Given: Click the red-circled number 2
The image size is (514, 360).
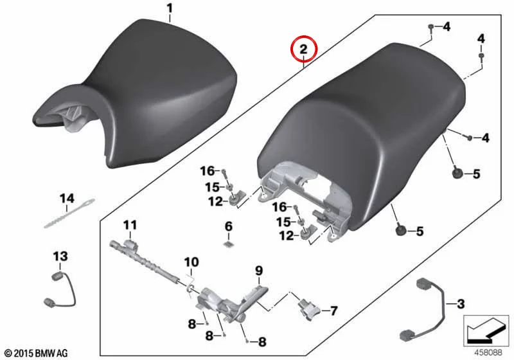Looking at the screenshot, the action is point(303,50).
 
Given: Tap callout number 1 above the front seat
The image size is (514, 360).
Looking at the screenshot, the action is point(170,8).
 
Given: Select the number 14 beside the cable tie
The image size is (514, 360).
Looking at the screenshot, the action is point(67,199).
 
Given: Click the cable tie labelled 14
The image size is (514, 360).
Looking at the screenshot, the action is point(69,213).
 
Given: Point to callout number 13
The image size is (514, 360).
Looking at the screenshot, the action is point(60,256).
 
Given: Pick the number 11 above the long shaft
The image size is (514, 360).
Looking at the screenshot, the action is point(130,225).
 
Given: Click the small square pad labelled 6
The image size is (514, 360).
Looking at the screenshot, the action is point(229,244).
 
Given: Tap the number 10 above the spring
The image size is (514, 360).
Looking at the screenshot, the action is point(191,262).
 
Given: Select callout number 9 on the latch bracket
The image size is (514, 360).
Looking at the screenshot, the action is point(259,271).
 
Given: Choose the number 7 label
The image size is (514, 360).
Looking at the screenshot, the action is point(333,310).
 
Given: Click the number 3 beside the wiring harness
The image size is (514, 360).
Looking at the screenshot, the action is point(461,304).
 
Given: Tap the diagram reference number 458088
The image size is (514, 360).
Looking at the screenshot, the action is point(488,353).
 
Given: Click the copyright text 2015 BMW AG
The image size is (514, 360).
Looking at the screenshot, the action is point(41,354).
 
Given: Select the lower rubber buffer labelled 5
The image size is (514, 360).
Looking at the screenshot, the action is point(400,231).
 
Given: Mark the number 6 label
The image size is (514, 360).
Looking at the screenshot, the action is point(229,226).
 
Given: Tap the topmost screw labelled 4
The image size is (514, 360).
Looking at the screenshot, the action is point(431,27).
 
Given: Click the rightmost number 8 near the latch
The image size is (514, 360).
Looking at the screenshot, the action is point(262,342).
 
